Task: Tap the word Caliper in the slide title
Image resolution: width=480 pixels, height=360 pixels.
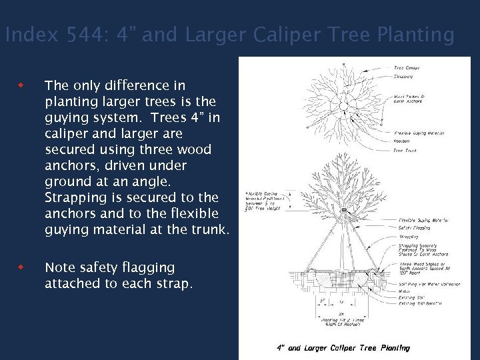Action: [285, 35]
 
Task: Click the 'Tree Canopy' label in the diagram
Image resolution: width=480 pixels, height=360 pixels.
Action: [407, 68]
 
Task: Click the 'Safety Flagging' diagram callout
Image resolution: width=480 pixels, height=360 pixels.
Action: [414, 228]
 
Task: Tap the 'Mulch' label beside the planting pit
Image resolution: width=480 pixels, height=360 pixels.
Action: [404, 291]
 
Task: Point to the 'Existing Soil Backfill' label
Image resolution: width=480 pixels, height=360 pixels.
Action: [420, 304]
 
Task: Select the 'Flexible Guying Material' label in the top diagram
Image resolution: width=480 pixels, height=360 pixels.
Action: [419, 133]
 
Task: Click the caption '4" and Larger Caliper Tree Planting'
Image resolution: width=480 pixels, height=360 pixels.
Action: [343, 348]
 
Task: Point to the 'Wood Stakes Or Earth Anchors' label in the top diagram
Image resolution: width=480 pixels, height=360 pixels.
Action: [407, 99]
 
